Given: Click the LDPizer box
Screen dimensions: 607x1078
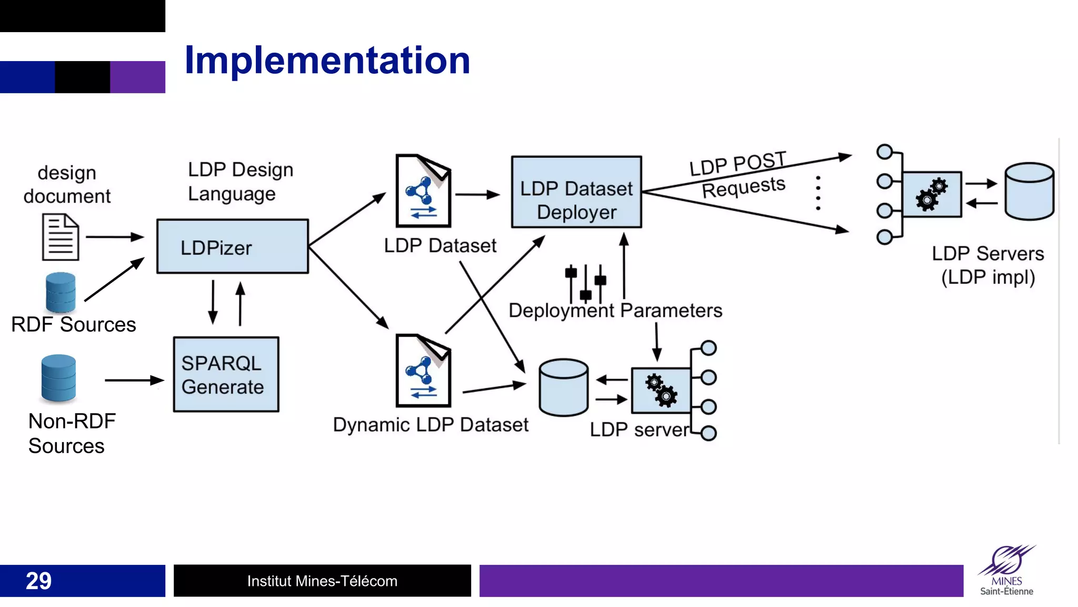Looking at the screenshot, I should pos(232,247).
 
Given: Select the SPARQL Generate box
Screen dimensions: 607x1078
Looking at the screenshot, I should pos(226,375).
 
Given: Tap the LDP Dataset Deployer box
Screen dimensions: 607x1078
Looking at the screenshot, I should pos(576,192).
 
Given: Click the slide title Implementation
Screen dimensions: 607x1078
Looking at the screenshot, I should pos(327,60).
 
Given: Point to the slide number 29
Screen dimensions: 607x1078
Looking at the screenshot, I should pos(38,581).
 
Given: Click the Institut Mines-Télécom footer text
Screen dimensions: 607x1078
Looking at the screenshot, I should pos(322,581).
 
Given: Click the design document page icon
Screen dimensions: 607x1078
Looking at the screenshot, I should pos(61,237).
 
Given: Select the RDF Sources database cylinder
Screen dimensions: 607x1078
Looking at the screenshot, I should pos(61,292).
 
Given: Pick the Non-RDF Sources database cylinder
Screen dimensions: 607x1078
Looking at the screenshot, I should pos(58,378).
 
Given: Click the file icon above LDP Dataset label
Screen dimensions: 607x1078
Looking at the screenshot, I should pos(423,191).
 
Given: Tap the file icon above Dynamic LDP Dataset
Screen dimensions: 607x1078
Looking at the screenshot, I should pos(423,370).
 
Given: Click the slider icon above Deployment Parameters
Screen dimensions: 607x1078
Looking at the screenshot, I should pos(585,283).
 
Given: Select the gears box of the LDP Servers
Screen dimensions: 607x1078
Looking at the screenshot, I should pos(932,194).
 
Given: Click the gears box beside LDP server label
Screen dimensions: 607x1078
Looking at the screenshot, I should pos(661,390).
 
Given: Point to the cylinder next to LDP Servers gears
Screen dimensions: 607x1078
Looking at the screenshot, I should pos(1029,191).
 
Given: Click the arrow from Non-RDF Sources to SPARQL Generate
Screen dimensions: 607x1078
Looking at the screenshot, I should pos(134,380).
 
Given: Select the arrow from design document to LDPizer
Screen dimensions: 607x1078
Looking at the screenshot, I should pos(114,237).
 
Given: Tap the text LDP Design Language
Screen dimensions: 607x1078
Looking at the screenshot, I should pos(240,181).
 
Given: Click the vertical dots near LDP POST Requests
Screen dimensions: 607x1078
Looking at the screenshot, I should pos(818,193).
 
